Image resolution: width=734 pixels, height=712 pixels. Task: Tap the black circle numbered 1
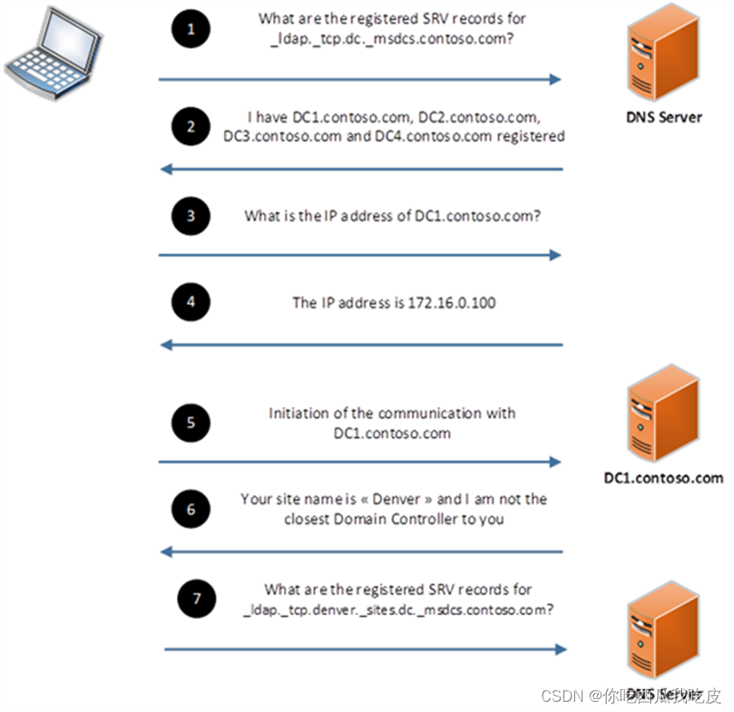click(191, 30)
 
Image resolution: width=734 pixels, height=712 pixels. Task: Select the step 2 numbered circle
click(191, 127)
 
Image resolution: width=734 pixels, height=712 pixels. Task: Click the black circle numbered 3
click(191, 215)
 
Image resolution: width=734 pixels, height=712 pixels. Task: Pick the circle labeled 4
click(191, 302)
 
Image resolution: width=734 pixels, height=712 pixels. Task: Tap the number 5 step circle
click(191, 423)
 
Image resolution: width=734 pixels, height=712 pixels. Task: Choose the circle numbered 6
click(191, 509)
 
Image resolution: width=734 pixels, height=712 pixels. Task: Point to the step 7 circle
click(197, 599)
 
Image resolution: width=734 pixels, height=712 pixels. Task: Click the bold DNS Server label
click(663, 117)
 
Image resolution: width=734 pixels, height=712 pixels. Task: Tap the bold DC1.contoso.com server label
click(663, 478)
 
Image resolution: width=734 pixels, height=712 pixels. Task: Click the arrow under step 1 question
click(359, 79)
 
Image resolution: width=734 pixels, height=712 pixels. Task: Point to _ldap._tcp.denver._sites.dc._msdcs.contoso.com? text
click(397, 610)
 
